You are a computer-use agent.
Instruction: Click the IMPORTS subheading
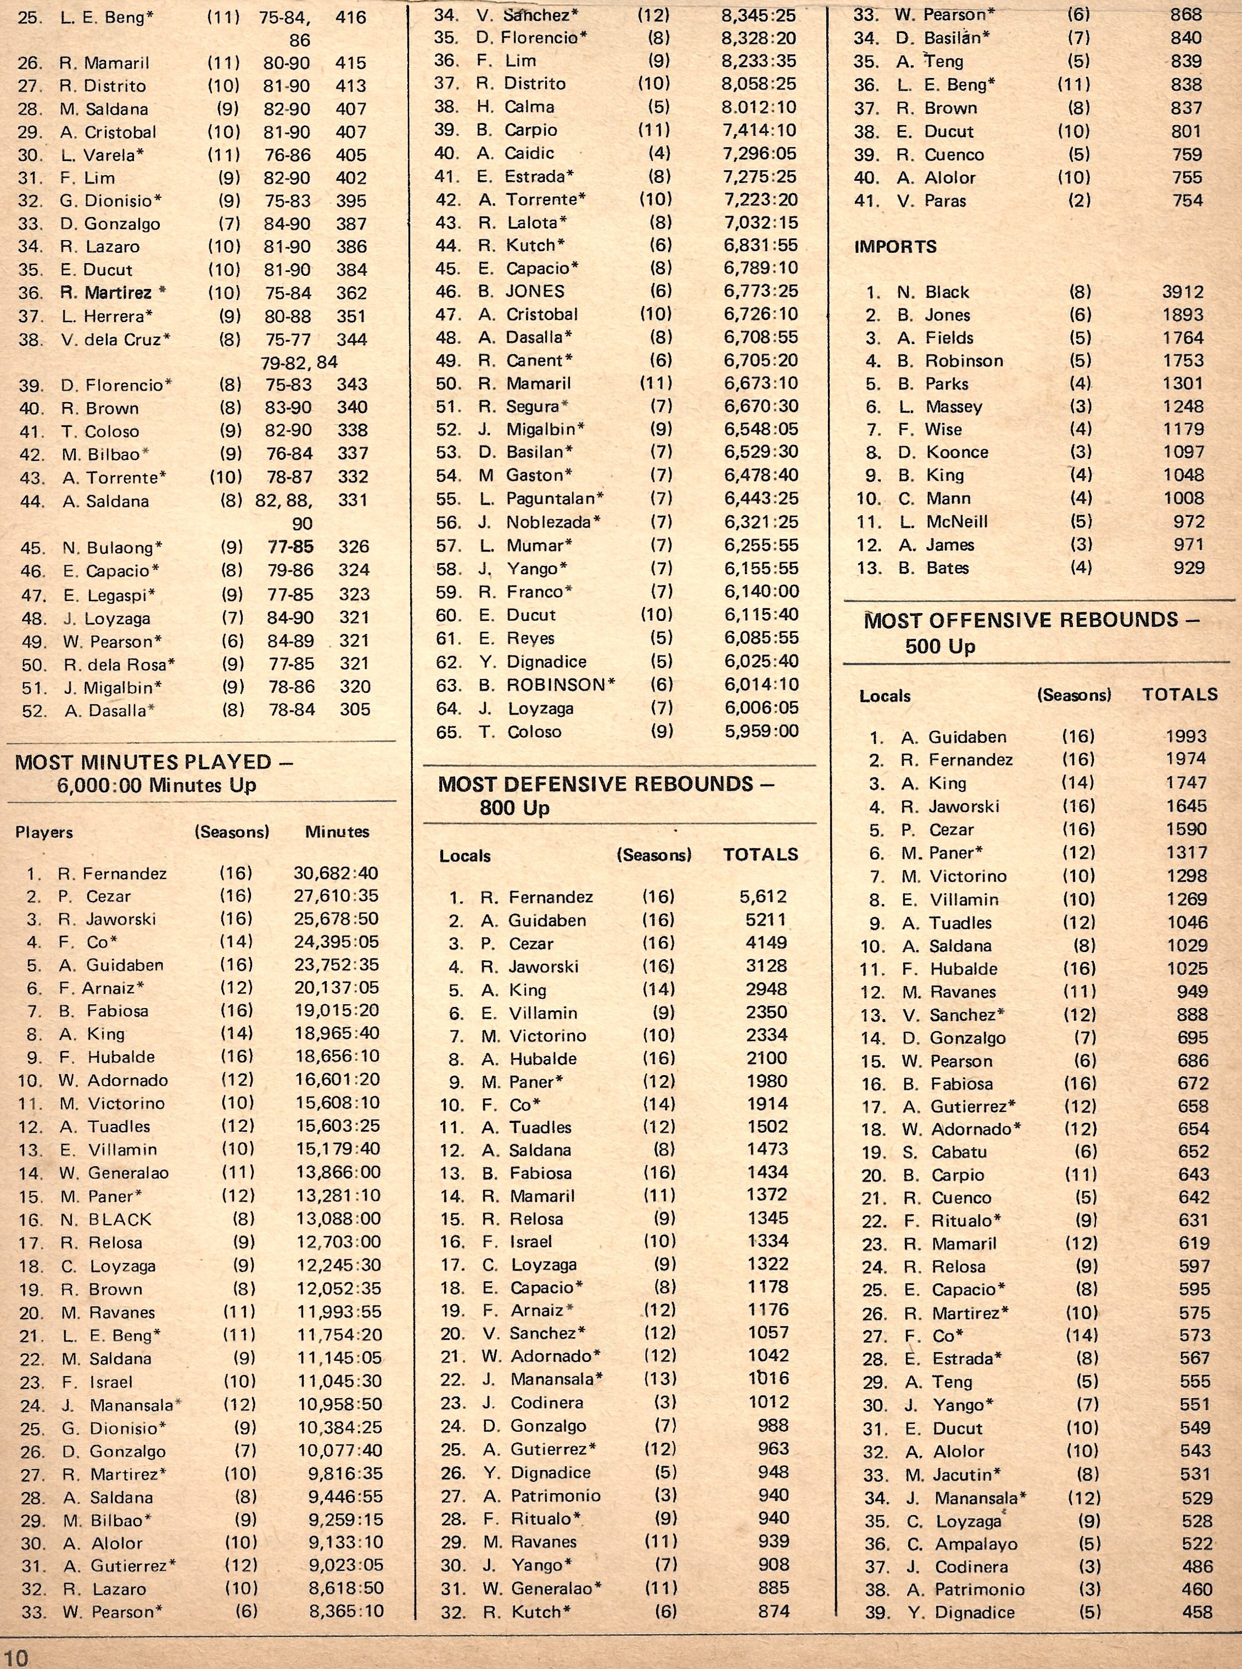894,247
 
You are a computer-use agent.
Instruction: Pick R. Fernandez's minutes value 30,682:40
335,874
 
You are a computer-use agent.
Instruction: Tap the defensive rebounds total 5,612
762,897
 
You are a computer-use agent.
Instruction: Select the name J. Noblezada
538,522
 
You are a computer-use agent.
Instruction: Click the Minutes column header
337,832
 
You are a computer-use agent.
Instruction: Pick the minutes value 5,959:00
761,731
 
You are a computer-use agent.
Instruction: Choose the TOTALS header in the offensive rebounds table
1179,695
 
